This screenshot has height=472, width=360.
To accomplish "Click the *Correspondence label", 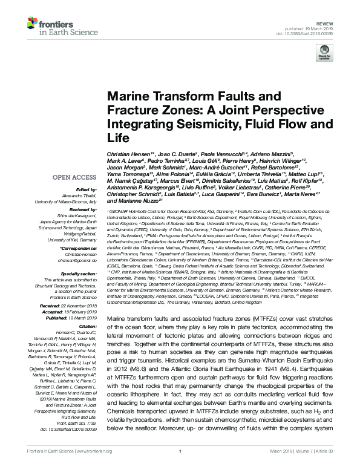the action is (80, 249).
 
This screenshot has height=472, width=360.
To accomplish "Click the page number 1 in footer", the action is (180, 467).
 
